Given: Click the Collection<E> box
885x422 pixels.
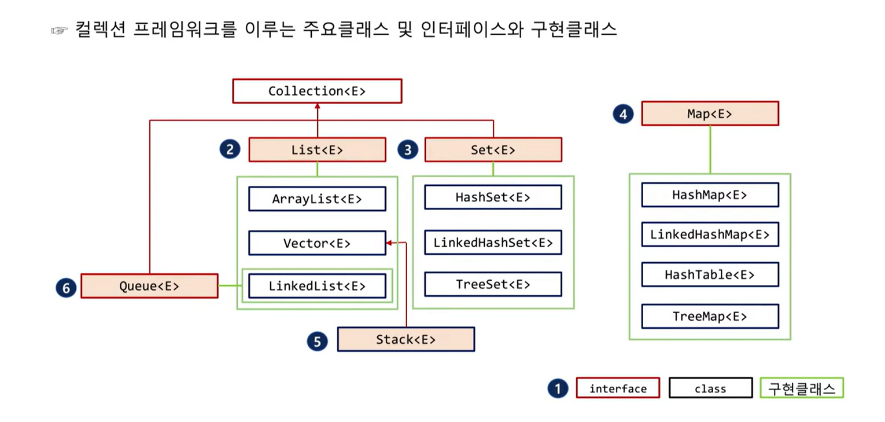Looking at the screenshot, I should point(317,91).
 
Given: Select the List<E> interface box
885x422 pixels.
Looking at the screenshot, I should point(317,150).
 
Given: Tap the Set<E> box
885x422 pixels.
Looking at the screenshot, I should point(493,150).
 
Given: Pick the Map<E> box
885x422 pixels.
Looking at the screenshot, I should point(710,114).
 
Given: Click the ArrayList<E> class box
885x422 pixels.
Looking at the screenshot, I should point(317,199).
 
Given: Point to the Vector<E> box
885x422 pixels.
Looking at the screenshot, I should point(317,244).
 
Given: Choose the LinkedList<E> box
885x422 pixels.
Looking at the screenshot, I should point(317,286).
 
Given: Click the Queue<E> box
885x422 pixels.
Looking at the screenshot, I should point(149,286).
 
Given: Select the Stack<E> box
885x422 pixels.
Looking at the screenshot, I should point(405,340).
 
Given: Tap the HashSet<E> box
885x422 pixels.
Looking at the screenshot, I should point(493,197).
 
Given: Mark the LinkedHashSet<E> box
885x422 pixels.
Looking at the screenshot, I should point(493,243).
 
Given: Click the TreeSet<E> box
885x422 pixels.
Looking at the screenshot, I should point(493,284).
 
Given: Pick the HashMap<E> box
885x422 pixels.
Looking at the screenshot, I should point(710,195).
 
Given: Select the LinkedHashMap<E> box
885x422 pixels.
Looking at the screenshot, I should point(710,234).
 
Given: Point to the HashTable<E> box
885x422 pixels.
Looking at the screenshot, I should point(710,275).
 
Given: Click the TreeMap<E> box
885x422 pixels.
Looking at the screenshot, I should point(710,317).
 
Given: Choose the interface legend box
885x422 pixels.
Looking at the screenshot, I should point(618,388).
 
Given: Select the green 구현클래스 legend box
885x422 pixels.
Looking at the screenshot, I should point(801,388).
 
